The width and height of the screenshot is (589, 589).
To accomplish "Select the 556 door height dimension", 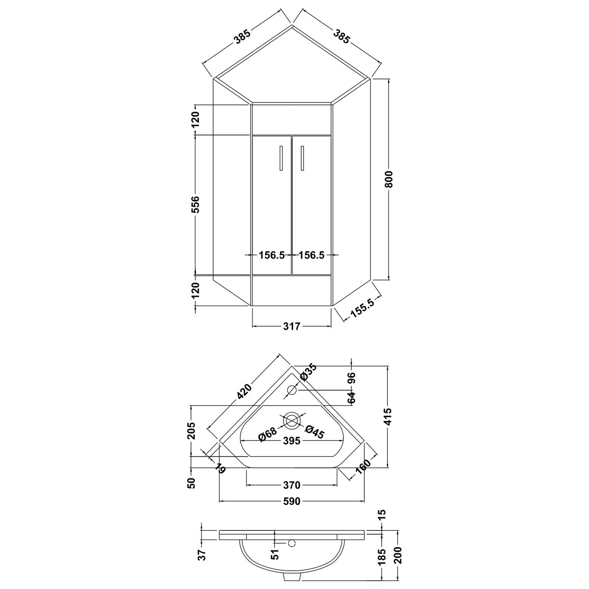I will click(x=195, y=205).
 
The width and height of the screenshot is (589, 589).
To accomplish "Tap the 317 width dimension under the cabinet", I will click(x=292, y=327).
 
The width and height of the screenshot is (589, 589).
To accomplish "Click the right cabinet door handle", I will click(x=303, y=158).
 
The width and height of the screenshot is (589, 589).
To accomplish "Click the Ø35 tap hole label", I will click(x=308, y=372).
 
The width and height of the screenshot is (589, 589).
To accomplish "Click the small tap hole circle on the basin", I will click(x=292, y=390).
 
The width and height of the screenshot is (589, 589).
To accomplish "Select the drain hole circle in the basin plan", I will click(x=292, y=421).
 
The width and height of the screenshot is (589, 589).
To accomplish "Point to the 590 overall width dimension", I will click(x=292, y=501).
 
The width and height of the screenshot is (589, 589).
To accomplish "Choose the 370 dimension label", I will click(x=292, y=485).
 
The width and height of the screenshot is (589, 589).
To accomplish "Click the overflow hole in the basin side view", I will click(x=290, y=543).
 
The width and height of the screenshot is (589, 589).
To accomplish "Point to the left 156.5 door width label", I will click(x=272, y=255).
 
